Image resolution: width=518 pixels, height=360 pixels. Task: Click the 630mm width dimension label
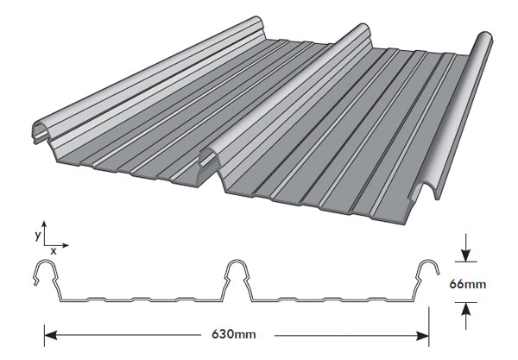tap(234, 334)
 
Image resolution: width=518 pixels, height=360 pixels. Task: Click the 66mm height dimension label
tap(467, 284)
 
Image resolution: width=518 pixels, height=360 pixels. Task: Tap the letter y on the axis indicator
tap(38, 235)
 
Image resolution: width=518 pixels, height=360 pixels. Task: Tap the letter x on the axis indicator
tap(54, 251)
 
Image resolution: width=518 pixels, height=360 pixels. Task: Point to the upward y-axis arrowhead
tap(44, 224)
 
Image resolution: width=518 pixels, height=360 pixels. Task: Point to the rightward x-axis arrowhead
tap(66, 245)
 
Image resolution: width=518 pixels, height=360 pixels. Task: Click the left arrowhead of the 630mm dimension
tap(50, 336)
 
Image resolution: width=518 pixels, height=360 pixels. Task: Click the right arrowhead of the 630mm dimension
tap(423, 336)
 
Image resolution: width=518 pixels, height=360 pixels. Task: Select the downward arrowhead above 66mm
tap(466, 256)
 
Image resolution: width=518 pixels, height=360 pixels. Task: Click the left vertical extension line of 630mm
tap(44, 336)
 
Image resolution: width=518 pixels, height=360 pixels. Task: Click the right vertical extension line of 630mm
tap(429, 327)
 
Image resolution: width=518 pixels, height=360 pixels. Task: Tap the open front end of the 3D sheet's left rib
tap(42, 131)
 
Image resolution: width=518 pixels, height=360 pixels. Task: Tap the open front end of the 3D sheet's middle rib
tap(210, 157)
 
